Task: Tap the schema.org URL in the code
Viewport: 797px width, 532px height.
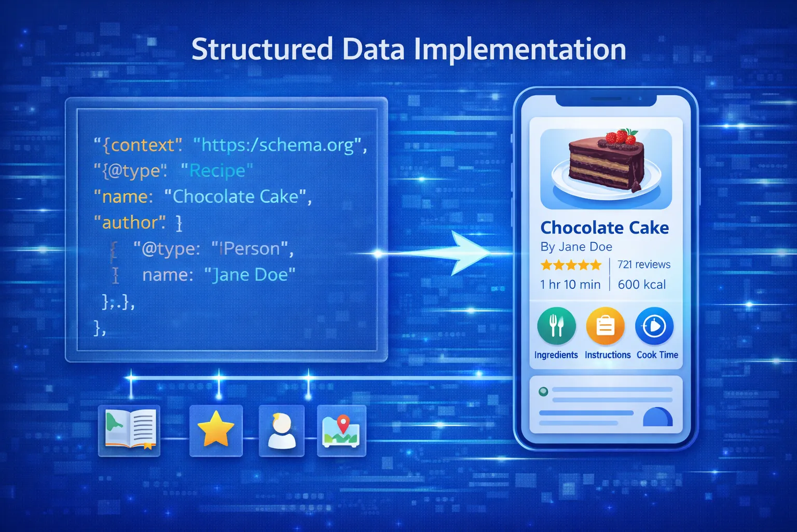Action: [280, 145]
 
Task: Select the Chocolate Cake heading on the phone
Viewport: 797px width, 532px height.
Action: [604, 228]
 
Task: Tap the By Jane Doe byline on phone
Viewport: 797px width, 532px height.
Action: [576, 247]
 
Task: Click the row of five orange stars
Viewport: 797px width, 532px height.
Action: [571, 265]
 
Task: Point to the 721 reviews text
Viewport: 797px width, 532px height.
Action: [643, 264]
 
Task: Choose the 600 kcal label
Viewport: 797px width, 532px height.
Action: [641, 285]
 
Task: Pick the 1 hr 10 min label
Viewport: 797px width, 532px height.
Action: [570, 285]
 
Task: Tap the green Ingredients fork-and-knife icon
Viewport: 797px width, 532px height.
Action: [556, 326]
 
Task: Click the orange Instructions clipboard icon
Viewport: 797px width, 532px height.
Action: [605, 326]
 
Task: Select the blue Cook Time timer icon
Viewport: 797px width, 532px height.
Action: [654, 326]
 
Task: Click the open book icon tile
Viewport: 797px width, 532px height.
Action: [129, 430]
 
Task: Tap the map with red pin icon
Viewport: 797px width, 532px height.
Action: [341, 430]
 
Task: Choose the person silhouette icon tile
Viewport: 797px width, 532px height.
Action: [281, 430]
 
